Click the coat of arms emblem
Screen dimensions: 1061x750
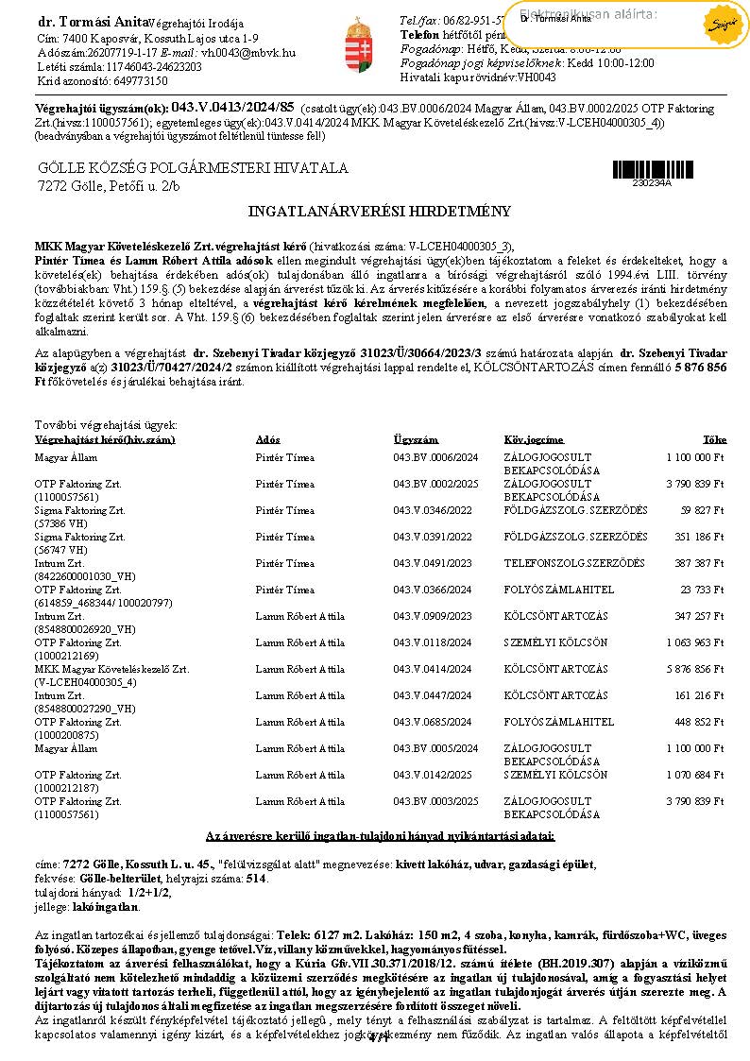coord(355,43)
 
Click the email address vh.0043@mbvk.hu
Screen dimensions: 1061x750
coord(248,54)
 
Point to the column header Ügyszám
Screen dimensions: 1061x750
coord(416,440)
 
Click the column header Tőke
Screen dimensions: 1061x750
coord(714,440)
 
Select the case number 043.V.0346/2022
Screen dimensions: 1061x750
coord(435,510)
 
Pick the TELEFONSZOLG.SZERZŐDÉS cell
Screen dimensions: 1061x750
coord(574,563)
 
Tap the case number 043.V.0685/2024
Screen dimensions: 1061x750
coord(435,722)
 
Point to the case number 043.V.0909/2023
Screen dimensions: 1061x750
coord(435,616)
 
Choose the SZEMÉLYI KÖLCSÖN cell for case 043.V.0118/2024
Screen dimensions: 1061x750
coord(556,642)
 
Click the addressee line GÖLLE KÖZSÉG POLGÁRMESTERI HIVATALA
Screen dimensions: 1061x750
coord(193,168)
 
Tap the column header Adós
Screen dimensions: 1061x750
coord(267,440)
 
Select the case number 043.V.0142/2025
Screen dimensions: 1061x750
coord(435,775)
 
